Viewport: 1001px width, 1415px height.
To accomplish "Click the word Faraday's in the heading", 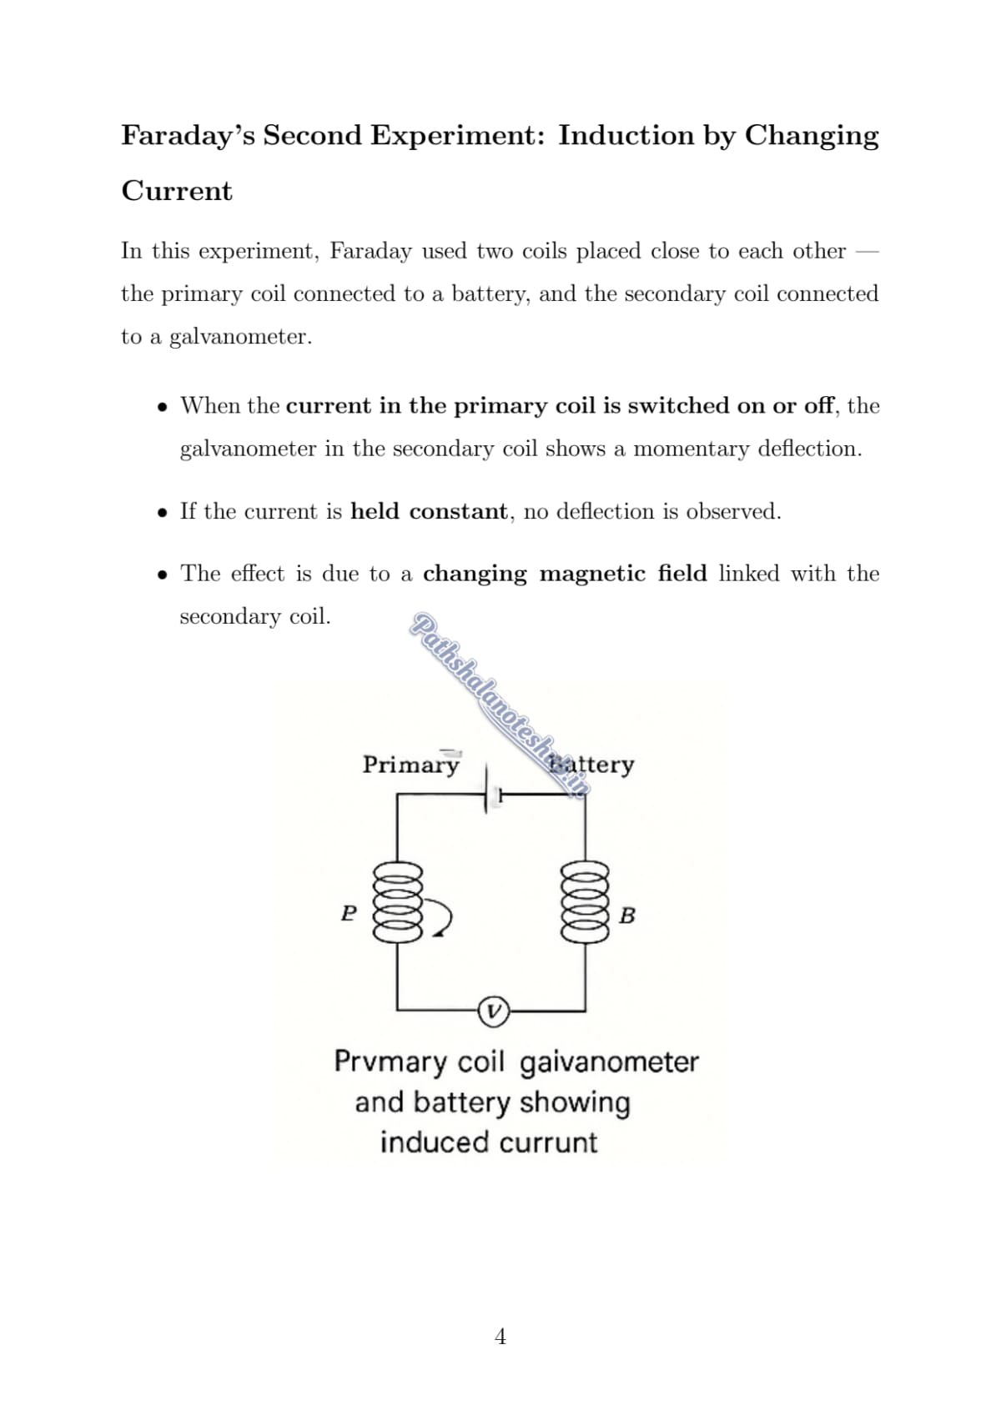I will tap(189, 135).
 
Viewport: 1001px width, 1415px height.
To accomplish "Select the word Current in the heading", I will tap(177, 191).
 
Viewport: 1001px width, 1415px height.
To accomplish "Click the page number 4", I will tap(500, 1337).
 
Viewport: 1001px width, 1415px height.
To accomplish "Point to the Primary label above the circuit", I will tap(410, 765).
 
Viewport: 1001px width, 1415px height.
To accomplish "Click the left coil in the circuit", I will tap(398, 902).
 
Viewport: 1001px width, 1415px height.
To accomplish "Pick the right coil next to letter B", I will tap(585, 902).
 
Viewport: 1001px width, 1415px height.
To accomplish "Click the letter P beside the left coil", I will tap(349, 913).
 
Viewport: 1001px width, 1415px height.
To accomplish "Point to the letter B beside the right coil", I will tap(627, 916).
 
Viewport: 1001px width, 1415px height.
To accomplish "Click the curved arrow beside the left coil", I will tap(442, 919).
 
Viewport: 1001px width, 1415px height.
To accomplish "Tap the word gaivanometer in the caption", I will tap(609, 1062).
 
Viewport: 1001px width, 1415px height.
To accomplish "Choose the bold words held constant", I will tap(429, 511).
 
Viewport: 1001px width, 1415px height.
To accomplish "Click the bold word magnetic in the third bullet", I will tap(592, 574).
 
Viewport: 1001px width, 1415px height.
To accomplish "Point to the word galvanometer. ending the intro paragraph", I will tap(240, 338).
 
